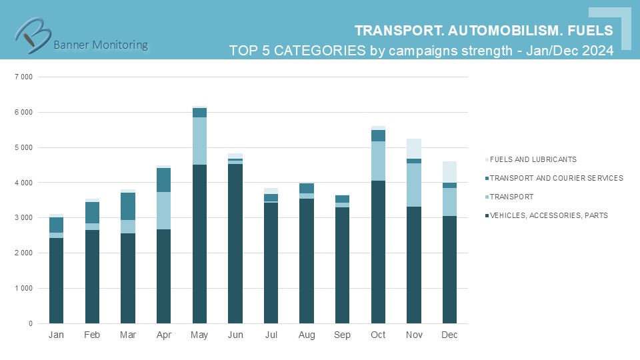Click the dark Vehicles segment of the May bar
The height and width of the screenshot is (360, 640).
(199, 243)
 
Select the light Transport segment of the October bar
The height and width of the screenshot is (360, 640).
(378, 161)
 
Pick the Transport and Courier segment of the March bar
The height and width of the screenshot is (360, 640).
(128, 206)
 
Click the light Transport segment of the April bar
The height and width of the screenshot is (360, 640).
(163, 211)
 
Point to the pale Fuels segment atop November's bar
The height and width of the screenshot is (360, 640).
(414, 149)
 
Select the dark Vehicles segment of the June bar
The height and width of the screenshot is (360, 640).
(235, 243)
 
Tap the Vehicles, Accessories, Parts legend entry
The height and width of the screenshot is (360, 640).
(548, 215)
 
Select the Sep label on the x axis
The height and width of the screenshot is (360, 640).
(342, 335)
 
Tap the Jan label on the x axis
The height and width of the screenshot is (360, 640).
(56, 335)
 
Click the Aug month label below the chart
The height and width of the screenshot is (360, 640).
(306, 335)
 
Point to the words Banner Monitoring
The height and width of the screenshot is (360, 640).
(100, 45)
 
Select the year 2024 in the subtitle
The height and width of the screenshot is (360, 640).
(597, 51)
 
